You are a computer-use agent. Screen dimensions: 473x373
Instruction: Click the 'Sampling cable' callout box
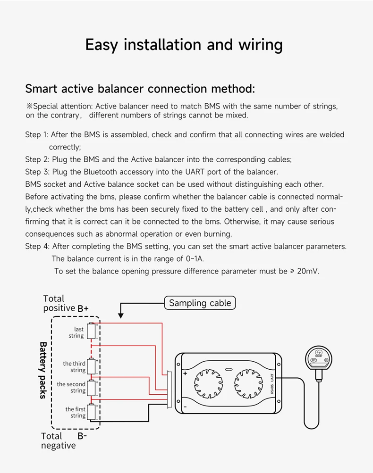200,303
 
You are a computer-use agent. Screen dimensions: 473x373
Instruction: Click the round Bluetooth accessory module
317,357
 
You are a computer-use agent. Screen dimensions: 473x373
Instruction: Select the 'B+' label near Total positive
83,308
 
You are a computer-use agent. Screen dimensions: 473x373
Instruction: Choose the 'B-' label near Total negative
82,436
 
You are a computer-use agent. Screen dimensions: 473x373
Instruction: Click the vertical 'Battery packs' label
42,370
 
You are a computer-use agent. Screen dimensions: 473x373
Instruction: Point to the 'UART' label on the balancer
272,377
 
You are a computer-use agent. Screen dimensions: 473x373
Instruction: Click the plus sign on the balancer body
185,373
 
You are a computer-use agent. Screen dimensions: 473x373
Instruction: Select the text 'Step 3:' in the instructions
37,172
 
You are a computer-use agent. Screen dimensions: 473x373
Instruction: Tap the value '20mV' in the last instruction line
308,271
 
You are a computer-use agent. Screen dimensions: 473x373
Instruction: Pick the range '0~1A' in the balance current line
194,259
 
